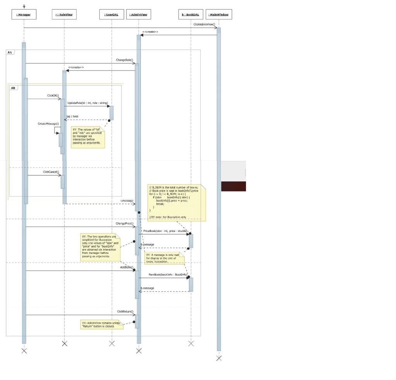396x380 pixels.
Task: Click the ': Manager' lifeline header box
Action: click(x=24, y=15)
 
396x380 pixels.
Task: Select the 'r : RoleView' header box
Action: click(x=64, y=15)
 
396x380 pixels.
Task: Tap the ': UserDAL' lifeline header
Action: click(x=111, y=15)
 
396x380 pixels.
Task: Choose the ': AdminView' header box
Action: click(x=138, y=15)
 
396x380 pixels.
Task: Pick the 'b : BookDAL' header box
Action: click(x=190, y=15)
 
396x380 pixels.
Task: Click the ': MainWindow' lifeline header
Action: click(x=219, y=15)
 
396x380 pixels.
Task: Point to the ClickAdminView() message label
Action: click(x=204, y=24)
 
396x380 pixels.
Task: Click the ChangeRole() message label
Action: click(x=125, y=60)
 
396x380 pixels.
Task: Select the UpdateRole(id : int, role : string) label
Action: click(x=88, y=103)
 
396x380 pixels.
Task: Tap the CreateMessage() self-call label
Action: click(x=48, y=123)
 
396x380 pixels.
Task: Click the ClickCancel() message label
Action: click(x=51, y=172)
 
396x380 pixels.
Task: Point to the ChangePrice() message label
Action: click(x=125, y=223)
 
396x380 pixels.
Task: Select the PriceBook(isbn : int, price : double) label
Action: click(x=165, y=231)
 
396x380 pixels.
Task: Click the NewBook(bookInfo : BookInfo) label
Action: click(x=168, y=274)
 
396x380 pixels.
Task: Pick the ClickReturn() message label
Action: click(x=125, y=311)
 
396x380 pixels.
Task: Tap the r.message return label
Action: click(x=127, y=200)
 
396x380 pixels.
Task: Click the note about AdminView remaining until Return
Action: click(x=101, y=324)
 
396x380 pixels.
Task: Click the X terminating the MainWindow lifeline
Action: click(x=219, y=358)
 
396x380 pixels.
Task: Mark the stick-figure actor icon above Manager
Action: click(x=24, y=6)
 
